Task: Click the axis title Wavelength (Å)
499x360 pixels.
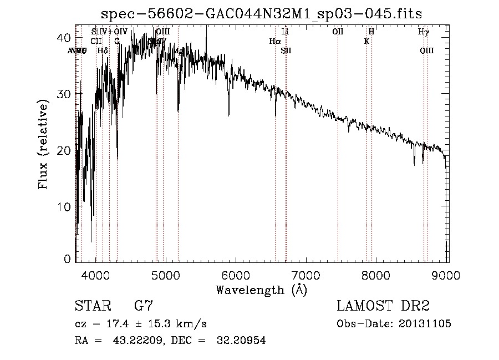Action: (261, 289)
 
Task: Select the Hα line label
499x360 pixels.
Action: (274, 41)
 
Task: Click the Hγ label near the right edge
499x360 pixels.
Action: (423, 32)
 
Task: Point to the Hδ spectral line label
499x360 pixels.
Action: (102, 51)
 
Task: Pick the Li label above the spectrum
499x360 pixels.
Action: (286, 32)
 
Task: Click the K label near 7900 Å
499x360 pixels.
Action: (366, 41)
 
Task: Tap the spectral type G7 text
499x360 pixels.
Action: (144, 306)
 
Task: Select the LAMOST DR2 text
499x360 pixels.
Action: (383, 306)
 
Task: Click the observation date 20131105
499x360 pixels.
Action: (425, 324)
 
